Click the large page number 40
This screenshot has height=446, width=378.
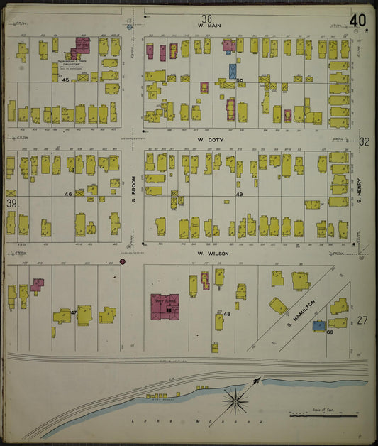(x=357, y=20)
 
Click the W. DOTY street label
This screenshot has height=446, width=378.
(x=211, y=140)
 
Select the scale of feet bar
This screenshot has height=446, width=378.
(x=323, y=414)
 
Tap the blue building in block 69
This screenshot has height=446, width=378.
(x=320, y=325)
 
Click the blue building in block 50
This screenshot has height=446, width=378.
(x=233, y=72)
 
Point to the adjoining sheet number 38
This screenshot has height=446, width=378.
(x=206, y=18)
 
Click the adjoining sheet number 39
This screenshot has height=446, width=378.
(x=12, y=204)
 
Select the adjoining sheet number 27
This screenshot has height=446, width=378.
(x=362, y=321)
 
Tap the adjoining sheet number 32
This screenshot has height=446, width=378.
(x=364, y=142)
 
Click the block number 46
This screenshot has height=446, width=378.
(x=68, y=193)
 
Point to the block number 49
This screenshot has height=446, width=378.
(x=239, y=195)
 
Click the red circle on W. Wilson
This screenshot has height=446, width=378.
(x=123, y=262)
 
